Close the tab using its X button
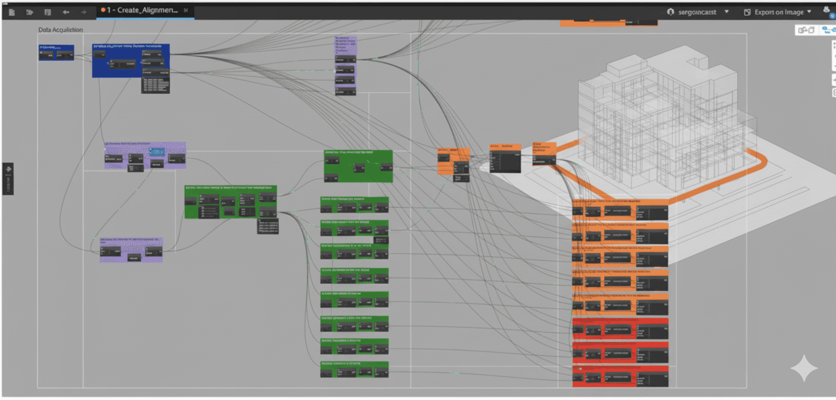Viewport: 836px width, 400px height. tap(186, 11)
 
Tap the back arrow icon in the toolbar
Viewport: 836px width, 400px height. tap(66, 12)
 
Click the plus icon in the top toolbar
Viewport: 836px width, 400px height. tap(84, 12)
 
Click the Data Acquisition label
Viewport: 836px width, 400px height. tap(60, 30)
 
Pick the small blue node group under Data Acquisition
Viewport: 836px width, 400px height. tap(56, 53)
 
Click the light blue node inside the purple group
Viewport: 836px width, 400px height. tap(157, 152)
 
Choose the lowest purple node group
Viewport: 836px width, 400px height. tap(131, 250)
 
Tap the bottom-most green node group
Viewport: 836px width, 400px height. tap(354, 369)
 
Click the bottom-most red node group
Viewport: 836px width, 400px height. tap(620, 377)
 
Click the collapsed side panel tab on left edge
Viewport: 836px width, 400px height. tap(8, 178)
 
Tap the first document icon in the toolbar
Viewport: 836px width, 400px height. tap(11, 12)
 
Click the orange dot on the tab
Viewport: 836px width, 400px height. tap(103, 10)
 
